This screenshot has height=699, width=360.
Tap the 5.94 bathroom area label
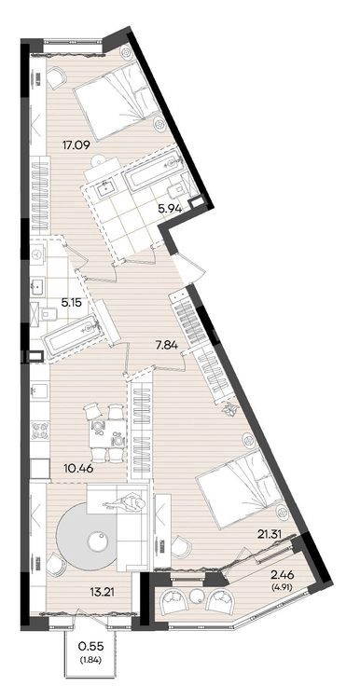[x=170, y=207]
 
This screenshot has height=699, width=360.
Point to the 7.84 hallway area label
[x=164, y=345]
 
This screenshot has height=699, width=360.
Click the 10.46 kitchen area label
[x=76, y=468]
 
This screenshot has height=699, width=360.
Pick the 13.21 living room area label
[x=98, y=593]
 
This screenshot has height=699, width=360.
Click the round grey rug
[x=88, y=536]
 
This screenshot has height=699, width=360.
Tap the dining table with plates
[x=106, y=433]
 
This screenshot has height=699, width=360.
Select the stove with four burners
[x=39, y=432]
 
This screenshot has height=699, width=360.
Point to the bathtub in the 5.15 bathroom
[x=72, y=335]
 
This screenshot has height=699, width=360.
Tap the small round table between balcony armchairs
[x=196, y=596]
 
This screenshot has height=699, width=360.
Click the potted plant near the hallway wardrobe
[x=228, y=408]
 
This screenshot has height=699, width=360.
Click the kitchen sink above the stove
[x=39, y=391]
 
